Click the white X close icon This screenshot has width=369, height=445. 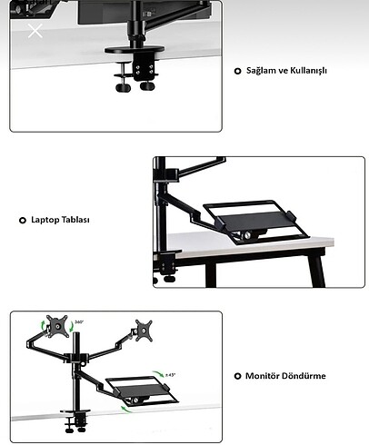pyautogui.click(x=35, y=32)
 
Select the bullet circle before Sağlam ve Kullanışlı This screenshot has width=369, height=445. pyautogui.click(x=238, y=71)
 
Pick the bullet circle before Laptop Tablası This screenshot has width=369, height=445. pyautogui.click(x=22, y=220)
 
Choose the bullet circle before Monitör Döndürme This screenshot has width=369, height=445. pyautogui.click(x=238, y=375)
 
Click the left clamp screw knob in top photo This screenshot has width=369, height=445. pyautogui.click(x=122, y=87)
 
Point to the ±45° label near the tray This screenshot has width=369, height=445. pyautogui.click(x=171, y=374)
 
